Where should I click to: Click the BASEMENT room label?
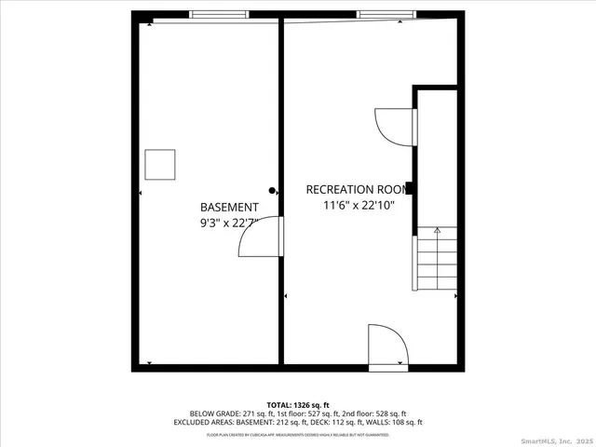coord(228,207)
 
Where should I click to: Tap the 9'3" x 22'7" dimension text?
coord(228,223)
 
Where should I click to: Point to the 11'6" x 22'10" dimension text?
coord(352,205)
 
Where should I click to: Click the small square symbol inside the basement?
coord(160,165)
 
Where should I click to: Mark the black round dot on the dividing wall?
coord(272,190)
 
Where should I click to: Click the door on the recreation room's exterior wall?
coord(387,348)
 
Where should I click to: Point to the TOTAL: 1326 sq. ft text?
coord(297,405)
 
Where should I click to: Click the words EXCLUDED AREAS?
coord(199,422)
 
